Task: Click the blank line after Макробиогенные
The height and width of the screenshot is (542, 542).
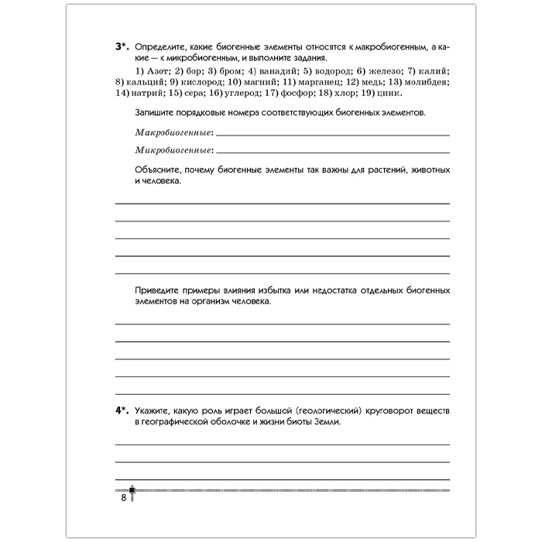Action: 333,135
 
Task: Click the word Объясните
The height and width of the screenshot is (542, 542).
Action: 157,170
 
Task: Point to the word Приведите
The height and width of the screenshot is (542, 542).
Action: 159,290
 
